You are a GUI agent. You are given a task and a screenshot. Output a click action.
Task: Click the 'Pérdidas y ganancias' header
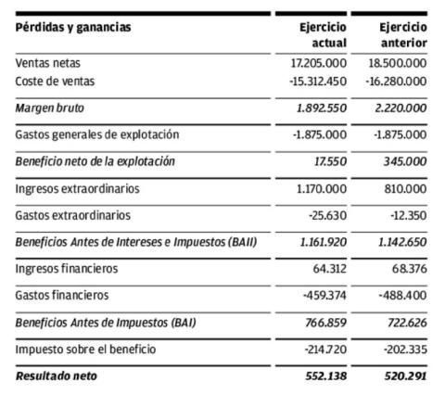73,27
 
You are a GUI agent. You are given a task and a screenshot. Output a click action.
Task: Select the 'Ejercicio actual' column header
324,35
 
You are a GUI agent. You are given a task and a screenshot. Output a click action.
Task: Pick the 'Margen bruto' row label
47,108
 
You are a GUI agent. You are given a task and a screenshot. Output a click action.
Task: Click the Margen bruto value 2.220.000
397,108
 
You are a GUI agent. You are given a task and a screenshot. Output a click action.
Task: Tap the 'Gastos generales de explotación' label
97,134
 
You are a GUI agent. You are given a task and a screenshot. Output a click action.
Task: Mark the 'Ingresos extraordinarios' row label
77,188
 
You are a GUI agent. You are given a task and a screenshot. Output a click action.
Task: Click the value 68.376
408,269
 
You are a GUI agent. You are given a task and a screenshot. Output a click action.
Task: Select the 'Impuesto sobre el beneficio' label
86,349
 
